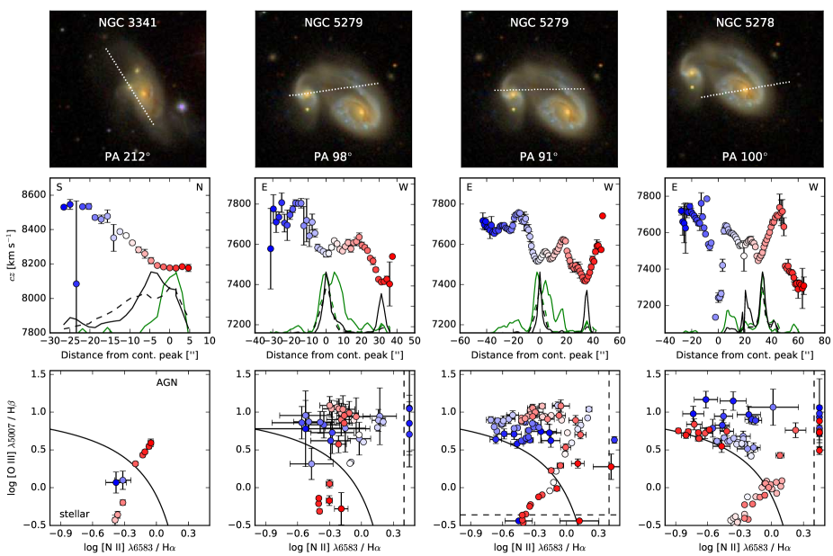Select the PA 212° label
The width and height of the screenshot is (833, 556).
pyautogui.click(x=128, y=156)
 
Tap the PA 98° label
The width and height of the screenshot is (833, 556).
pyautogui.click(x=333, y=156)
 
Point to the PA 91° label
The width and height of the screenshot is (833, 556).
pyautogui.click(x=539, y=156)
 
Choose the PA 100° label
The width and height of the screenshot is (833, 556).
pyautogui.click(x=745, y=156)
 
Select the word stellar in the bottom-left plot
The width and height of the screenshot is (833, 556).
pyautogui.click(x=76, y=514)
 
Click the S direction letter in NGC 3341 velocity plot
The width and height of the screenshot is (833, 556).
pyautogui.click(x=59, y=188)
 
